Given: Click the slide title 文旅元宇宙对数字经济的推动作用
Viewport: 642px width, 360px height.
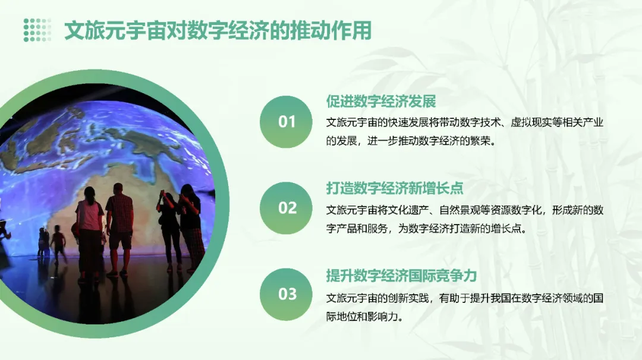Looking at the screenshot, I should click(218, 30).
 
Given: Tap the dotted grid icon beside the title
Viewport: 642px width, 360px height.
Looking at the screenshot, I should click(37, 30).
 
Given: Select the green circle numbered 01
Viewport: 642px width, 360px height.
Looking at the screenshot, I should click(287, 122).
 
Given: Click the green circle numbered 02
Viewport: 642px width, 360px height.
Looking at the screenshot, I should click(287, 208).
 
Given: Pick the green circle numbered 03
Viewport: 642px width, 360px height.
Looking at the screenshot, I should click(287, 294).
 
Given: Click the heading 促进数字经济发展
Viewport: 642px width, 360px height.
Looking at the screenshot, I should click(381, 101).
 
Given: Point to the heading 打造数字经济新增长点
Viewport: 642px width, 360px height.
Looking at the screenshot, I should click(395, 188).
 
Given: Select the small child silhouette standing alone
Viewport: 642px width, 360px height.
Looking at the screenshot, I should click(58, 244).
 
